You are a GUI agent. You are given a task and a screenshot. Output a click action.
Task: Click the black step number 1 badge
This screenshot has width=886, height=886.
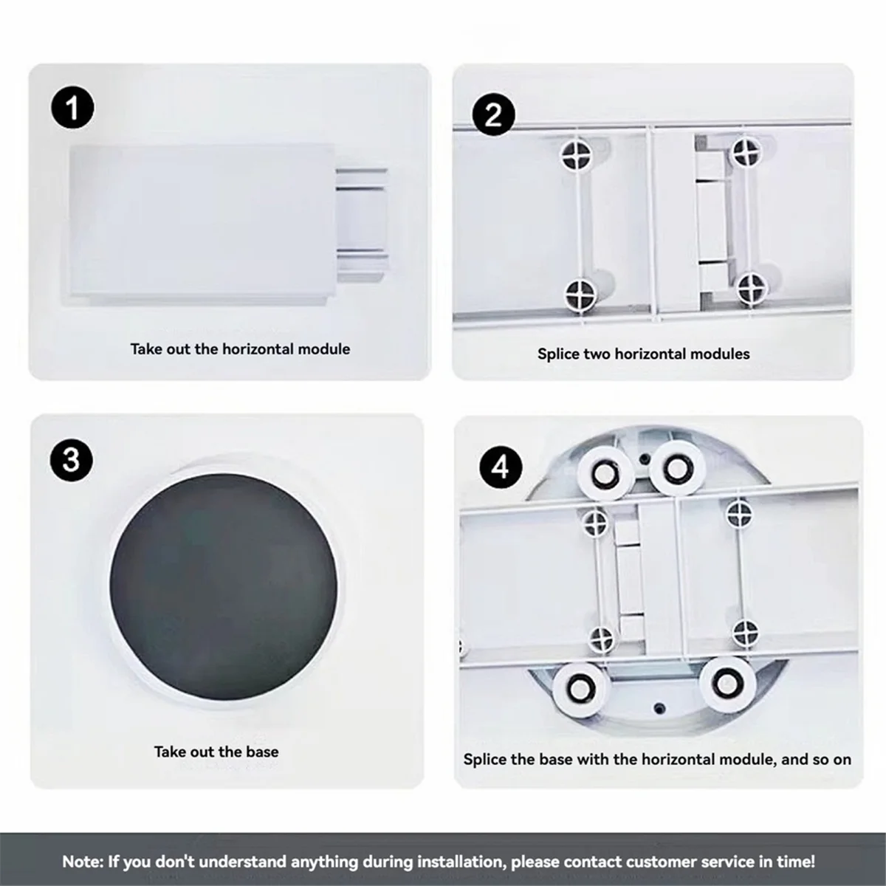72,108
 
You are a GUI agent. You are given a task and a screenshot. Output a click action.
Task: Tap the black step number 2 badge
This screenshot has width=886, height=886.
493,114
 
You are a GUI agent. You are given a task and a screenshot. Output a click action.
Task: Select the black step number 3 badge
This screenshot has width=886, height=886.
72,460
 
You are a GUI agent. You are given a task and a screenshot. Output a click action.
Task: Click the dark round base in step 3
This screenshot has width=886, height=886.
224,586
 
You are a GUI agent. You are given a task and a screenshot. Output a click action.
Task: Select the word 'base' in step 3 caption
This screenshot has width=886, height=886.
262,752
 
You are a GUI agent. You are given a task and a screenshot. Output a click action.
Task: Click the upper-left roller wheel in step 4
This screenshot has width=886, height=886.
605,475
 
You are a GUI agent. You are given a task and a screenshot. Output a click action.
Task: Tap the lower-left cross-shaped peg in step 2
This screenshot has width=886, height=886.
581,294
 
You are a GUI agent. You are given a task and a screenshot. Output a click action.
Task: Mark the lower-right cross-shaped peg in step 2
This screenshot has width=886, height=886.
752,289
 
